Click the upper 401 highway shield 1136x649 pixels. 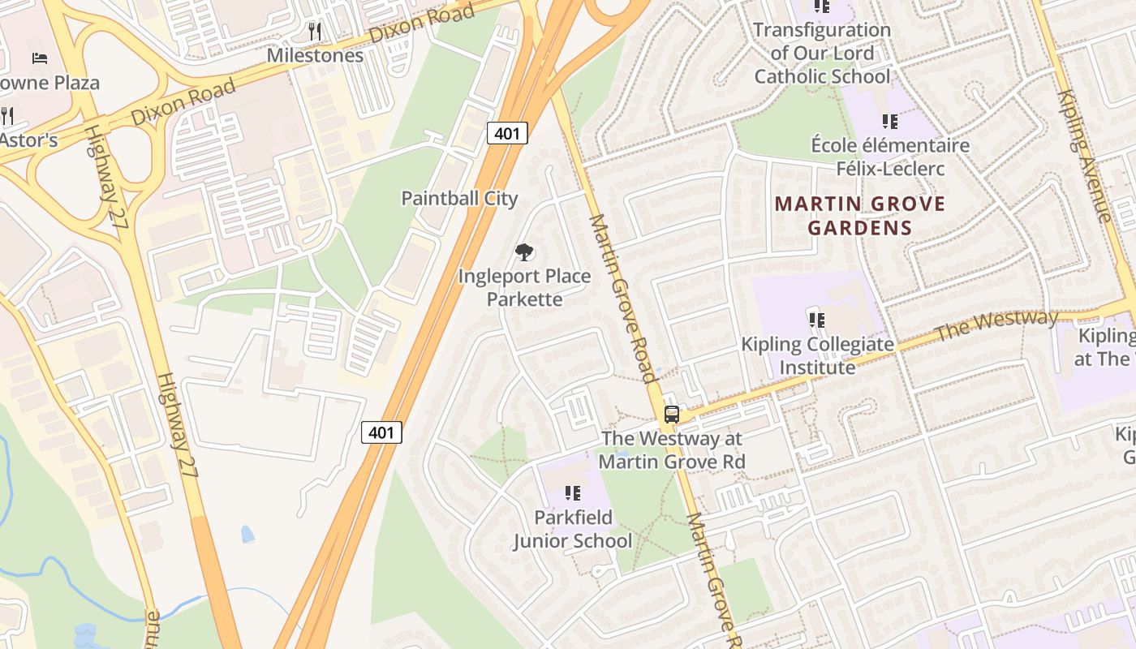507,133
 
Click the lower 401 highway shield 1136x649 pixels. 381,432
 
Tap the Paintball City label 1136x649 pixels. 459,198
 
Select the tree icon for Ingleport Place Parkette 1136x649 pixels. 525,252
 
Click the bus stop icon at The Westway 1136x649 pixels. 672,414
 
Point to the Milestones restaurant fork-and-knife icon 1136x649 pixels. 315,32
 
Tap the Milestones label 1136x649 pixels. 315,55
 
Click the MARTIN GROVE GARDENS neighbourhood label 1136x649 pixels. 860,215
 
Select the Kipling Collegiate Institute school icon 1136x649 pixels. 817,320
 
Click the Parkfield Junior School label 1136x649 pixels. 572,529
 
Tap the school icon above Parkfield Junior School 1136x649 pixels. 573,492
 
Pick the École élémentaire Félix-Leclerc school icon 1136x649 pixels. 890,122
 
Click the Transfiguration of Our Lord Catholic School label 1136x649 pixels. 822,54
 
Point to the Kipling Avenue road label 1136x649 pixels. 1083,154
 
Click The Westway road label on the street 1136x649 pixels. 996,325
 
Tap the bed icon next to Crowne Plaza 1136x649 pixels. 40,58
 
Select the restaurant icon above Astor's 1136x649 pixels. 7,115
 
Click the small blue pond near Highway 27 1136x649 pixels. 247,534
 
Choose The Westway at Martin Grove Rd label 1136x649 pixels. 672,449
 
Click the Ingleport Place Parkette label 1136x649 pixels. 524,287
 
